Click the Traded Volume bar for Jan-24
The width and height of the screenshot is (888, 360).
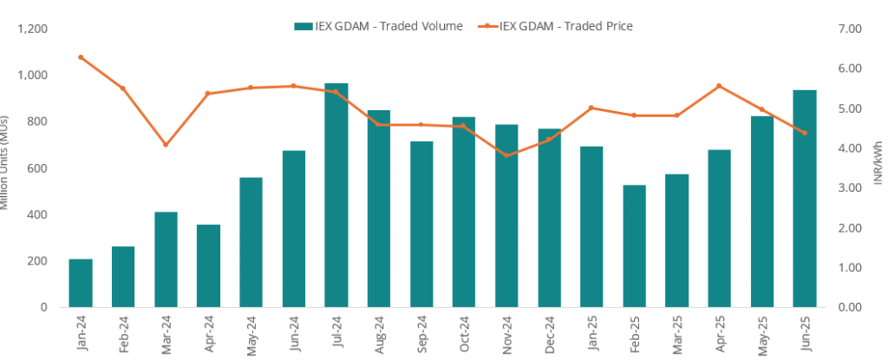[81, 283]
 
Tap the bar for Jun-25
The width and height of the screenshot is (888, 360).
[804, 199]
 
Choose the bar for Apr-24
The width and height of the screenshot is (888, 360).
[208, 265]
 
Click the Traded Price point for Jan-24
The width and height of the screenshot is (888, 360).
[81, 57]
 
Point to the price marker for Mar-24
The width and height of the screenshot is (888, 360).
[166, 144]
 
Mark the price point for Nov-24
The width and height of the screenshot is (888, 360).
[506, 155]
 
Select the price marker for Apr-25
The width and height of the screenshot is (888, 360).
[719, 86]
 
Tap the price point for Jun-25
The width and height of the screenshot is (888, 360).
[804, 133]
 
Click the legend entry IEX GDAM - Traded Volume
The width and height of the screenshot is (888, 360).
[378, 26]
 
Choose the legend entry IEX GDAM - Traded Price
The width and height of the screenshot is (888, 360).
[555, 26]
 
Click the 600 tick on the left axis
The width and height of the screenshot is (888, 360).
[36, 168]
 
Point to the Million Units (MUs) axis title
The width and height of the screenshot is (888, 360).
[5, 165]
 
